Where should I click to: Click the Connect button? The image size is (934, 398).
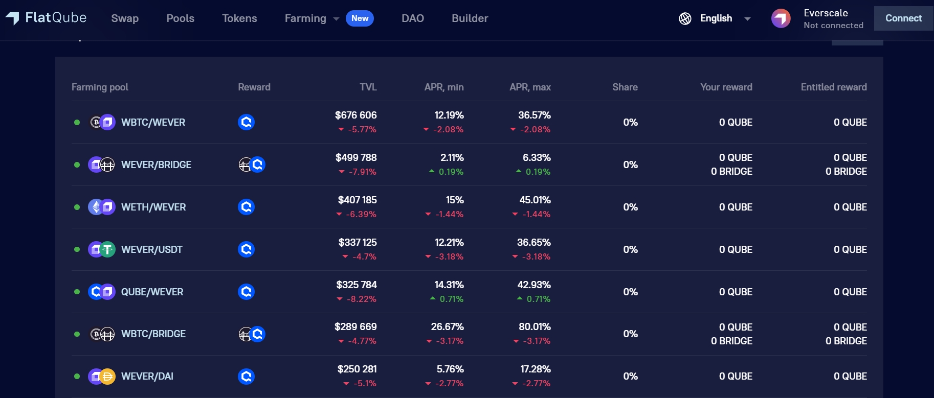click(904, 18)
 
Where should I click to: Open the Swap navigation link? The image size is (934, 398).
click(125, 18)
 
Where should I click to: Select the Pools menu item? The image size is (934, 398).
click(181, 18)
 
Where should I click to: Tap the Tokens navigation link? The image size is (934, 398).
click(239, 18)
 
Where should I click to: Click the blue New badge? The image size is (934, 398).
click(360, 18)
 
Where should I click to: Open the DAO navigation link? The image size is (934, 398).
click(413, 18)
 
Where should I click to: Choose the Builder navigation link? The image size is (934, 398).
click(470, 18)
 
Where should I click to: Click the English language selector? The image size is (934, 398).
click(715, 18)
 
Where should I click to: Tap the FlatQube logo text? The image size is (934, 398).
click(56, 18)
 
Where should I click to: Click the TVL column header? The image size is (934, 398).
click(368, 87)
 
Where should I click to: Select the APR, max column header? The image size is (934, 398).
click(530, 87)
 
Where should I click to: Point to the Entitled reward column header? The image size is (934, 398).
click(834, 87)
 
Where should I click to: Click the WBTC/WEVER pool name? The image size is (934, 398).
click(153, 123)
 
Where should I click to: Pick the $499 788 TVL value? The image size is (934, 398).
click(356, 157)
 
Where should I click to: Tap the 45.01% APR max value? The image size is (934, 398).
click(535, 200)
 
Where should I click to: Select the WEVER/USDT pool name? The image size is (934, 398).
click(151, 250)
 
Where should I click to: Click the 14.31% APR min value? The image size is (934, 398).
click(449, 285)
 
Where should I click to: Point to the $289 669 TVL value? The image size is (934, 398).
click(355, 326)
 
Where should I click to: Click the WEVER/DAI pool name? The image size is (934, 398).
click(147, 377)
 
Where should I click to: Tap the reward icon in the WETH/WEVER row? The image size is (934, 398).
click(247, 207)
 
